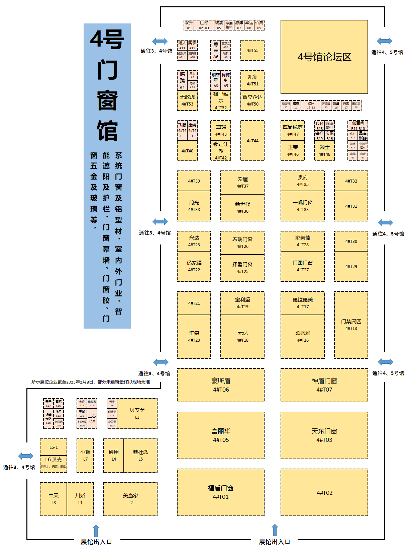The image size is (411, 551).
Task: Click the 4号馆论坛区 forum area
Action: [324, 57]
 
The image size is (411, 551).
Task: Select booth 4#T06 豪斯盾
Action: [221, 385]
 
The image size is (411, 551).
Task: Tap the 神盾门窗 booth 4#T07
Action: [324, 385]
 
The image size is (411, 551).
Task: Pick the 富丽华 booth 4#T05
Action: [221, 435]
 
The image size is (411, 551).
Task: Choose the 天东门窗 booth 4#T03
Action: [324, 435]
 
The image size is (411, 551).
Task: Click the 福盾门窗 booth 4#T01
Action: [221, 492]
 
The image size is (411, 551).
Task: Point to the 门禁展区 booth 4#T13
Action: [351, 325]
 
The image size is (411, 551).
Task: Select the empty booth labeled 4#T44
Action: [252, 141]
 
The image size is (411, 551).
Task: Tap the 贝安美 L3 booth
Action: [137, 413]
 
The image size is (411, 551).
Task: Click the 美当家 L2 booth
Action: [130, 499]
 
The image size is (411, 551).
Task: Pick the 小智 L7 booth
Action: [85, 455]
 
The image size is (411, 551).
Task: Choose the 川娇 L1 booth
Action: [80, 499]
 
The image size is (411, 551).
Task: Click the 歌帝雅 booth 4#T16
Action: [303, 336]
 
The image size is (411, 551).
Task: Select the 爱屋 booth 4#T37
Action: [242, 182]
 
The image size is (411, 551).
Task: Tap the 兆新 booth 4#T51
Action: [252, 80]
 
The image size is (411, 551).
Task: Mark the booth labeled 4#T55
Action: [252, 50]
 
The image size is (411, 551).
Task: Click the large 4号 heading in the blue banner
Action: [107, 40]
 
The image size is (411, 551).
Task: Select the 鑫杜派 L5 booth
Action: [140, 455]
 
